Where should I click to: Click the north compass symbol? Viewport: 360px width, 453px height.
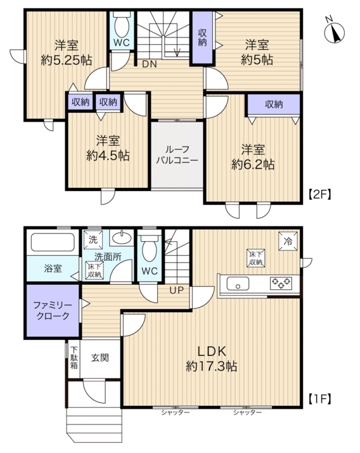click(335, 32)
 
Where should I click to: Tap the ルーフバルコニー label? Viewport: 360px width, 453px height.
click(177, 155)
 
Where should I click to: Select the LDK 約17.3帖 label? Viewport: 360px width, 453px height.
click(212, 358)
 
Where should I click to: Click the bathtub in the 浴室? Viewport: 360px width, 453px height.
click(53, 242)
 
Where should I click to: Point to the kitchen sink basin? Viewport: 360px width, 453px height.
click(238, 284)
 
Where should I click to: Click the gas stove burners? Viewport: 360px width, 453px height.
click(281, 283)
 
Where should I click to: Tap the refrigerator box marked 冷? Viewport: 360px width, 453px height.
click(288, 241)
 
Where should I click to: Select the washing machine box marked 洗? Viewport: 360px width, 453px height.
click(93, 239)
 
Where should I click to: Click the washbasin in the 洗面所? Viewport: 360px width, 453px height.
click(122, 238)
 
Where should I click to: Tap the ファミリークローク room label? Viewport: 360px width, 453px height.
click(53, 310)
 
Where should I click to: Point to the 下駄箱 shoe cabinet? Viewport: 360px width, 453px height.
click(74, 358)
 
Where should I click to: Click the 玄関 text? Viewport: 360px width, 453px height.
click(100, 358)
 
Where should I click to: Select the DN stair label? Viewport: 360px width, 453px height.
click(150, 64)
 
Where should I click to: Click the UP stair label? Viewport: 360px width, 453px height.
click(176, 291)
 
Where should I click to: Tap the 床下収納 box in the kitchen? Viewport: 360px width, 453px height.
click(256, 258)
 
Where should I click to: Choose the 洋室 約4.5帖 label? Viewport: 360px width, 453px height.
click(108, 148)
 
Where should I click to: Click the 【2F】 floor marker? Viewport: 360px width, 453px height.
click(319, 194)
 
